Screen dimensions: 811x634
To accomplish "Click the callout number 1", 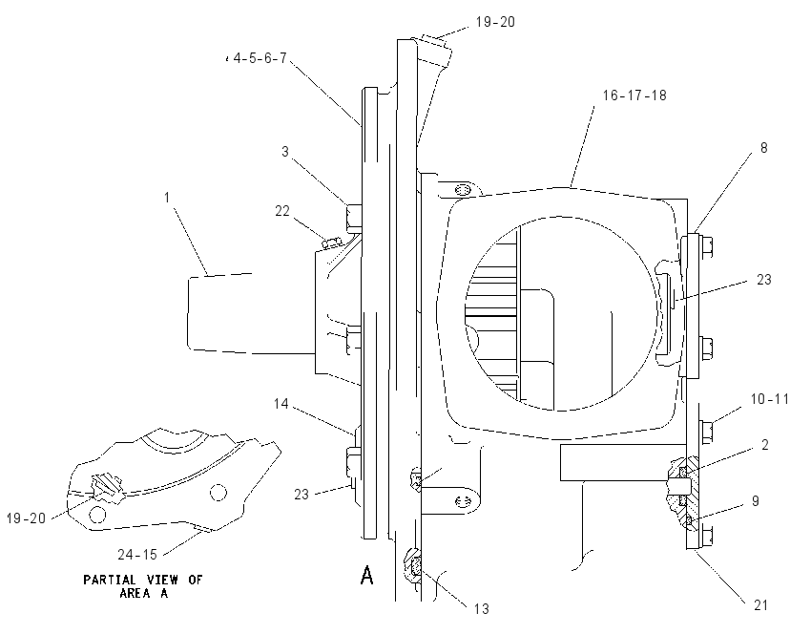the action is point(167,198).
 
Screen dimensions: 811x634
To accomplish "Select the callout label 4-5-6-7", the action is point(260,58).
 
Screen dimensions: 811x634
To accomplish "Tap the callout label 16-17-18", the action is point(634,95).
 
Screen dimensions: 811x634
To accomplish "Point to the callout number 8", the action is point(764,147).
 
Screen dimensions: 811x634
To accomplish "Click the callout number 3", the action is point(285,152).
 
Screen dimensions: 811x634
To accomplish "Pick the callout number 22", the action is point(282,211).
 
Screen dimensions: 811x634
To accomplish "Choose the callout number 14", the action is point(281,403).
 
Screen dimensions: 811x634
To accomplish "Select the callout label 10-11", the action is point(770,399).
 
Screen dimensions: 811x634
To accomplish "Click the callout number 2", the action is point(765,445).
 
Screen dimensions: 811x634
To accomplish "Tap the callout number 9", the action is point(756,501).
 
